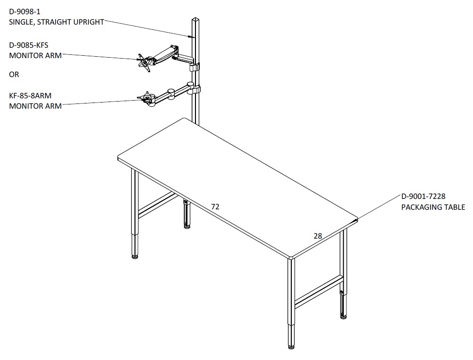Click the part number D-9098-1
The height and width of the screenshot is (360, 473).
[x=25, y=12]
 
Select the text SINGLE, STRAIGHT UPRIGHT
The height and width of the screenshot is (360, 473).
[x=56, y=22]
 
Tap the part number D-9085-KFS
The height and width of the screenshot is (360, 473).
[x=28, y=45]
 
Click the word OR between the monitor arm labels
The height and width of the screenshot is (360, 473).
[x=14, y=74]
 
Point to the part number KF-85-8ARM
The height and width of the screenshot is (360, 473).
[x=30, y=96]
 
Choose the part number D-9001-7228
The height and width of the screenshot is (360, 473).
[x=423, y=197]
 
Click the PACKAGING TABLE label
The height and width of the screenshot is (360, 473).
[x=433, y=207]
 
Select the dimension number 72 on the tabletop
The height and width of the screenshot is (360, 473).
[x=215, y=206]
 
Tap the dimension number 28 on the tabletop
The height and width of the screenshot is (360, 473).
[x=318, y=236]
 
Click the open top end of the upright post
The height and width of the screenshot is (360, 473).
[x=195, y=20]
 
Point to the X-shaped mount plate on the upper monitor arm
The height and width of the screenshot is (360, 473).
[x=144, y=62]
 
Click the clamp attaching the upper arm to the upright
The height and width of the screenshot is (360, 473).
[x=194, y=68]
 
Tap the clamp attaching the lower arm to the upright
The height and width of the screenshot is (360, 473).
[x=196, y=89]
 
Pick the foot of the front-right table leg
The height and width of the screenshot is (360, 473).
[x=291, y=347]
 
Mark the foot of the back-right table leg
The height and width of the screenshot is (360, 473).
[x=343, y=317]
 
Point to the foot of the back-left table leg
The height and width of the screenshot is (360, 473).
[x=187, y=226]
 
